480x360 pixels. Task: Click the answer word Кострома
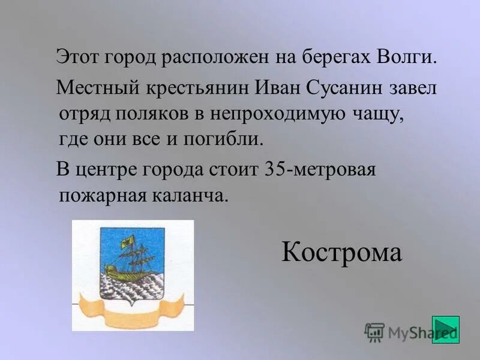pos(341,253)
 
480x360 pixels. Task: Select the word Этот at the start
pos(78,58)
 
